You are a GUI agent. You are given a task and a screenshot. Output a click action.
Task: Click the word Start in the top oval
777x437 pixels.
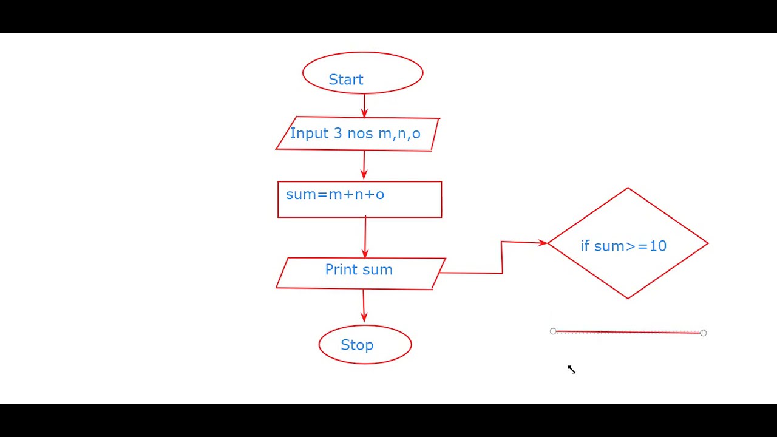[x=346, y=80]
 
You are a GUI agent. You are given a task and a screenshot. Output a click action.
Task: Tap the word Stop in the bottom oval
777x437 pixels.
[x=357, y=345]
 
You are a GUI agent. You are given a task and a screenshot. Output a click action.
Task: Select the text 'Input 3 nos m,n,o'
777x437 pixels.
[x=355, y=134]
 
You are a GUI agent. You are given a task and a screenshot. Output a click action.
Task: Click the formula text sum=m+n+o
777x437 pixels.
[x=335, y=194]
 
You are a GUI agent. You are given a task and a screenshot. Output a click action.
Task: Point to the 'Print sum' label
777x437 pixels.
[x=359, y=269]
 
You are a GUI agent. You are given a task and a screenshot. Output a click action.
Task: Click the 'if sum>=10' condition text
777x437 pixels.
[x=623, y=246]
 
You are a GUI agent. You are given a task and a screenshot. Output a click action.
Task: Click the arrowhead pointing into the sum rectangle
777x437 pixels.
[x=364, y=175]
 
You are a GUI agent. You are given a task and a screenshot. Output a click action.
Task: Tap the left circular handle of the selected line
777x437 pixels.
[x=553, y=331]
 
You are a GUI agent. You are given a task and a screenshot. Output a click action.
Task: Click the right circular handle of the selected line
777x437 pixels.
[x=703, y=333]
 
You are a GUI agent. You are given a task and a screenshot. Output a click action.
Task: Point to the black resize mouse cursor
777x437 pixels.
[x=571, y=369]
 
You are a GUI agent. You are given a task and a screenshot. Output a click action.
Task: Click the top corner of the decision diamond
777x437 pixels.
[x=628, y=188]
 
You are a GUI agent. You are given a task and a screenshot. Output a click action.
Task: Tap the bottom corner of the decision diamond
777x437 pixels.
[x=628, y=298]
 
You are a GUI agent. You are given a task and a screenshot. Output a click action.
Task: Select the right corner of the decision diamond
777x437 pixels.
[x=708, y=243]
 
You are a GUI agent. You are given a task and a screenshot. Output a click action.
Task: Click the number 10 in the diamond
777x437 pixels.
[x=658, y=246]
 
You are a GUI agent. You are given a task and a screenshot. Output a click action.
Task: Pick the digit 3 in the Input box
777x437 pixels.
[x=338, y=134]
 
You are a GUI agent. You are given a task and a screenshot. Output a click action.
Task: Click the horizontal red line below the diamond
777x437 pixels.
[x=628, y=332]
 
